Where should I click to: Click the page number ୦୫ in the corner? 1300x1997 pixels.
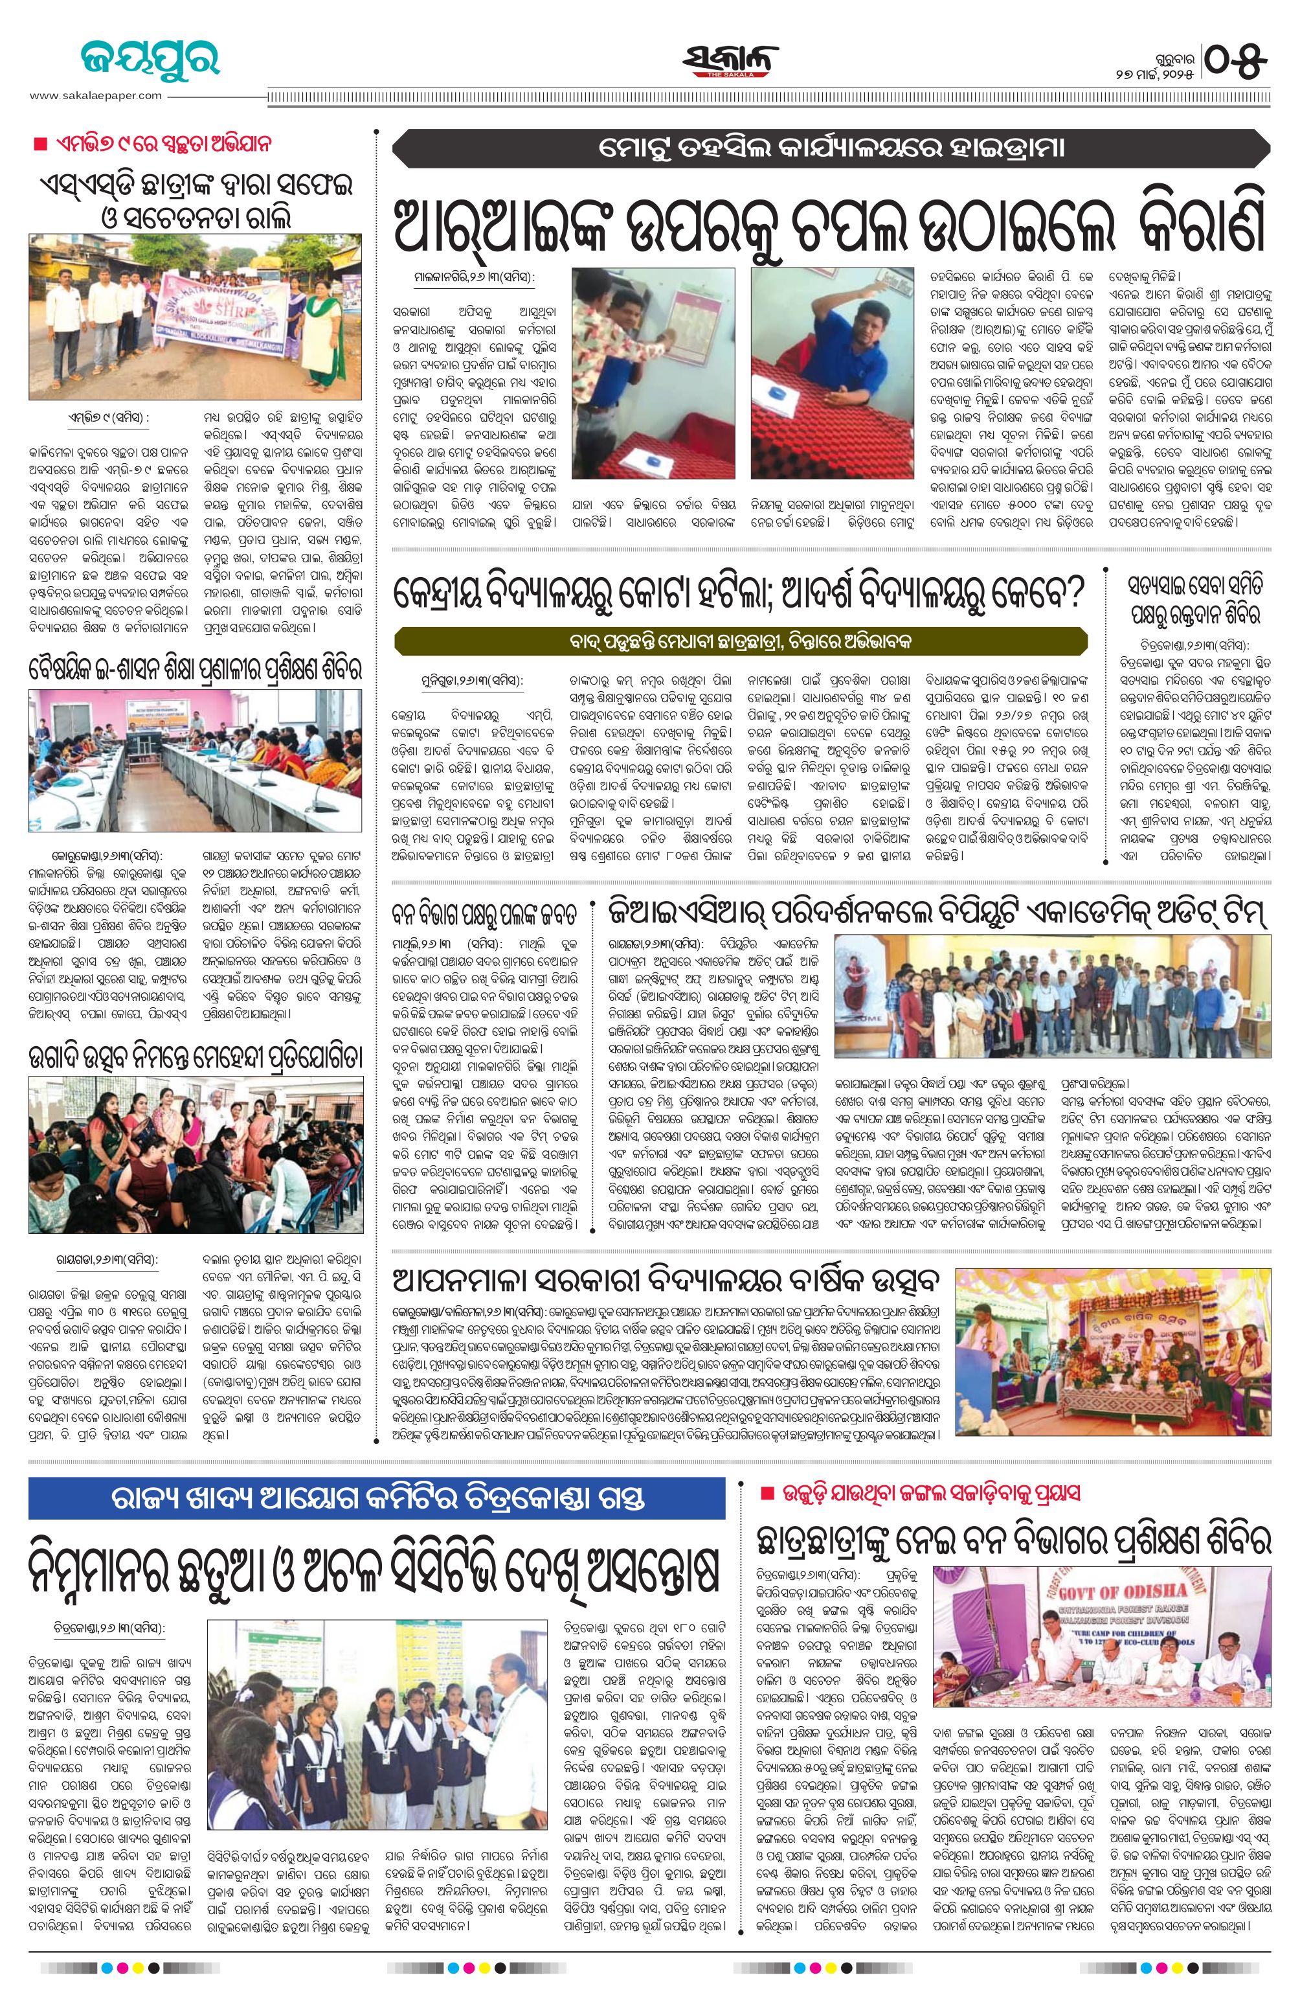click(1237, 60)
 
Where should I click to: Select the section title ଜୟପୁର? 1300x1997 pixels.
click(151, 59)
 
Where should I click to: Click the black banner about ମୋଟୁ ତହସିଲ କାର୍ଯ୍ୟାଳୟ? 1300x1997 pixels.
click(831, 148)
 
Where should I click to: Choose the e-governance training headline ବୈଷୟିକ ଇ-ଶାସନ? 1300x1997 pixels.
click(196, 670)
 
